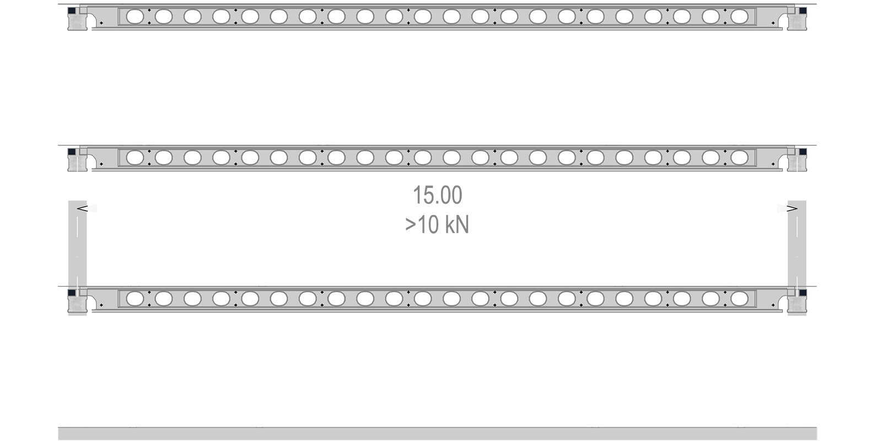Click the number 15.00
click(x=437, y=195)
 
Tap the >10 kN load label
click(x=437, y=225)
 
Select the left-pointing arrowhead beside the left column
click(x=82, y=208)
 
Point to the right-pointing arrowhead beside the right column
click(x=792, y=208)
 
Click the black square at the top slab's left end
click(x=71, y=10)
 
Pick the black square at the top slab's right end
click(x=803, y=10)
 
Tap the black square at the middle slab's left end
click(x=71, y=152)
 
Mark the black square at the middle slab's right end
click(x=803, y=152)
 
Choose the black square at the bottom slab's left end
click(x=71, y=293)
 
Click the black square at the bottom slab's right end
click(x=803, y=293)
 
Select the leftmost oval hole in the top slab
click(x=135, y=17)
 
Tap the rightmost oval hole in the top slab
click(x=739, y=17)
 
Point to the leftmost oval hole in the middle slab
click(x=135, y=158)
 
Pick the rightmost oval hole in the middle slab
click(x=739, y=158)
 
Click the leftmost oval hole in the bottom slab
click(x=135, y=299)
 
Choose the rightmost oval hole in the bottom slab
click(x=739, y=299)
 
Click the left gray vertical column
click(x=78, y=258)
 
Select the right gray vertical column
click(x=797, y=258)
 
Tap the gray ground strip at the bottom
click(x=437, y=433)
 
